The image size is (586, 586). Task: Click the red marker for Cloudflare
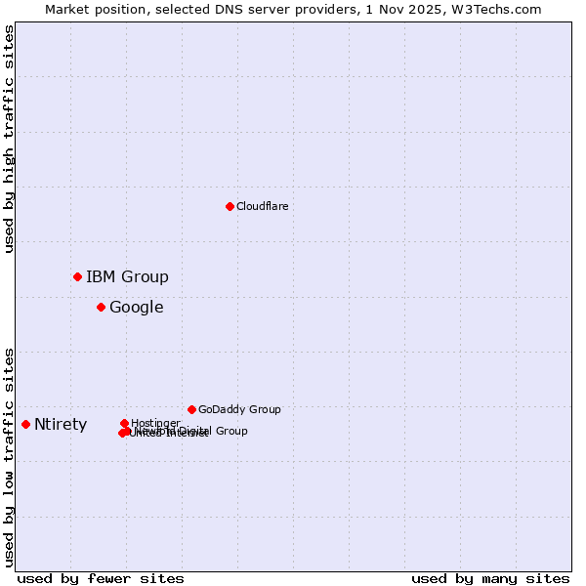click(230, 206)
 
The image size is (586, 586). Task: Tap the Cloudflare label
click(262, 206)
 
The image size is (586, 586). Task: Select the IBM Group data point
click(77, 276)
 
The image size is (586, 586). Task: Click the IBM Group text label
click(127, 276)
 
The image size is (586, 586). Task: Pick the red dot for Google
click(101, 307)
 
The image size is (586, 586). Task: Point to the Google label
click(136, 308)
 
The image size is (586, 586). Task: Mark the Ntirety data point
click(25, 424)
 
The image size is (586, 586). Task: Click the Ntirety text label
click(61, 425)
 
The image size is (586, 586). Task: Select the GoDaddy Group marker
click(191, 409)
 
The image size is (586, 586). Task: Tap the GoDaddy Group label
click(239, 409)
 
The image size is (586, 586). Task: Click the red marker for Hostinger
click(124, 423)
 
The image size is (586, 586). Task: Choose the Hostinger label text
click(155, 423)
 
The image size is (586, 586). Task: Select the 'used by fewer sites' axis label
click(101, 578)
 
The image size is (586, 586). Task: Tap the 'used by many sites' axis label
click(489, 578)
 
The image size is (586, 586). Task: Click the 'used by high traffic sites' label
click(9, 139)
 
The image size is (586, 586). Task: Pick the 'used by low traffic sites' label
click(9, 456)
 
